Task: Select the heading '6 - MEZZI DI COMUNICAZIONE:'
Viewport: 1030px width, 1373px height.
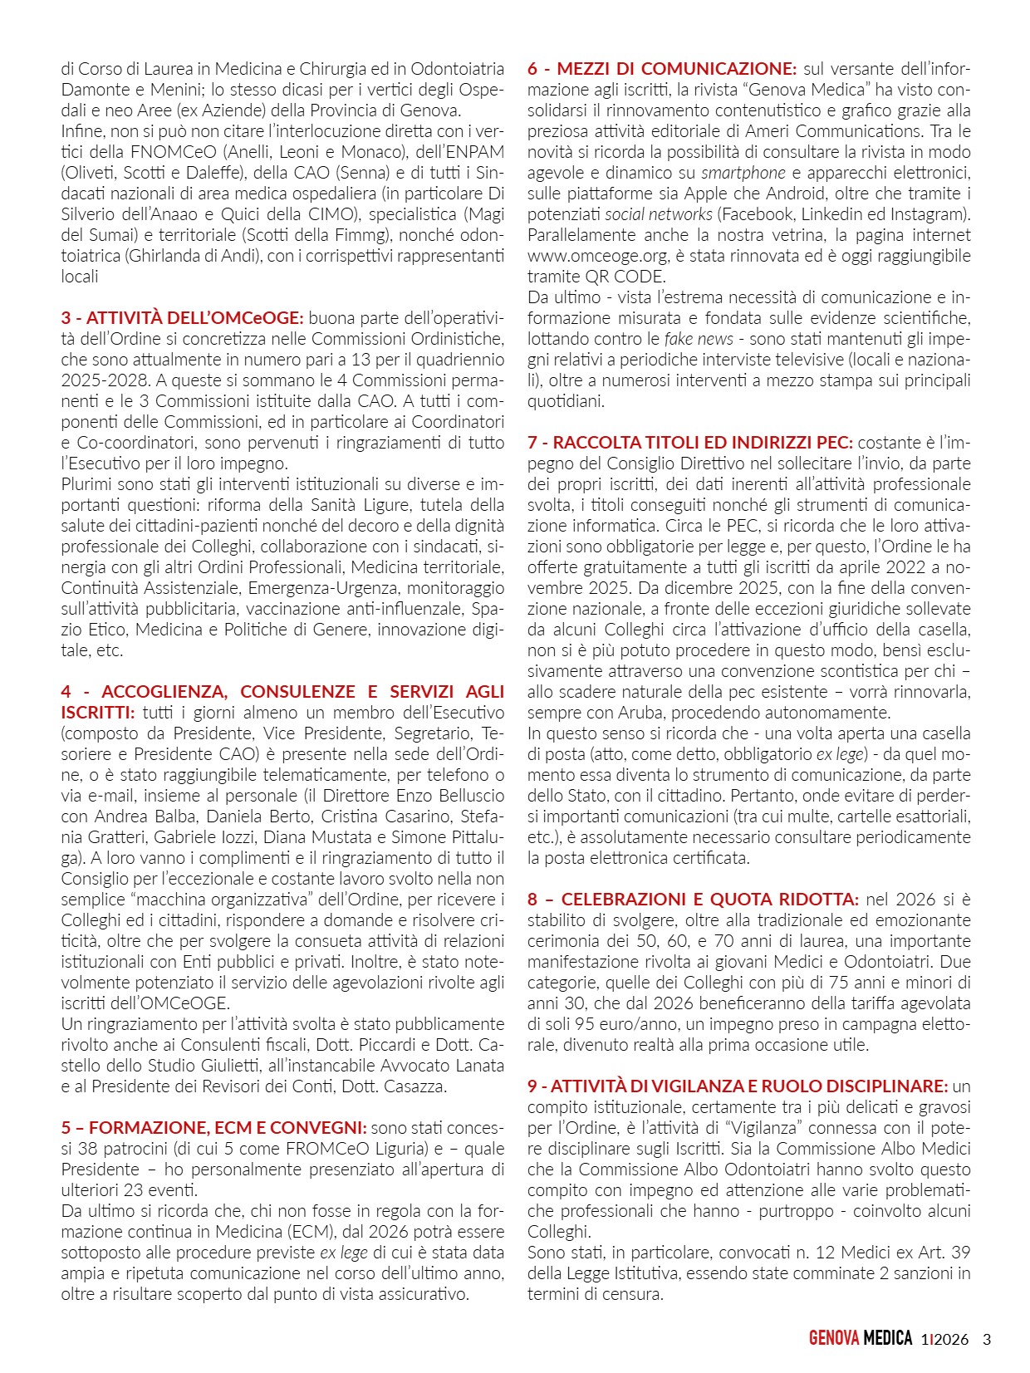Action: point(661,69)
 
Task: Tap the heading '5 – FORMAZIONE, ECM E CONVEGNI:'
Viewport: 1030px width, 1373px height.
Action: point(213,1128)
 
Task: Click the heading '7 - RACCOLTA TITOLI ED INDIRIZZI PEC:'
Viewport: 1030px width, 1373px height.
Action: point(689,443)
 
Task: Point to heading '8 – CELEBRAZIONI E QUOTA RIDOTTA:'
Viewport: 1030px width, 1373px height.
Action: point(693,900)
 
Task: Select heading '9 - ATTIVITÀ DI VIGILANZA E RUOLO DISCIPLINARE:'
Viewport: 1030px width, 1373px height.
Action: point(737,1086)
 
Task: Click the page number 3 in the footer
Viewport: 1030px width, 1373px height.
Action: point(987,1339)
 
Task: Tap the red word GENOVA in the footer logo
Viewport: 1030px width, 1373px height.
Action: point(834,1339)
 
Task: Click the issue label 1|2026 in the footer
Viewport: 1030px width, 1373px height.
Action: point(944,1339)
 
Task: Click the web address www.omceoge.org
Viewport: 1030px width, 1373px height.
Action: point(586,256)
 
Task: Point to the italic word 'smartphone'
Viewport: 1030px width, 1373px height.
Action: point(743,173)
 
